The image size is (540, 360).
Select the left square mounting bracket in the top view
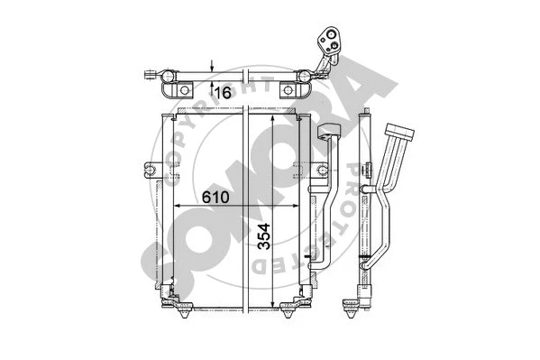coord(185,91)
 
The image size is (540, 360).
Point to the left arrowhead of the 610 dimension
coord(177,207)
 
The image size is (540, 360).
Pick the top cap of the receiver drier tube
coord(328,133)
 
